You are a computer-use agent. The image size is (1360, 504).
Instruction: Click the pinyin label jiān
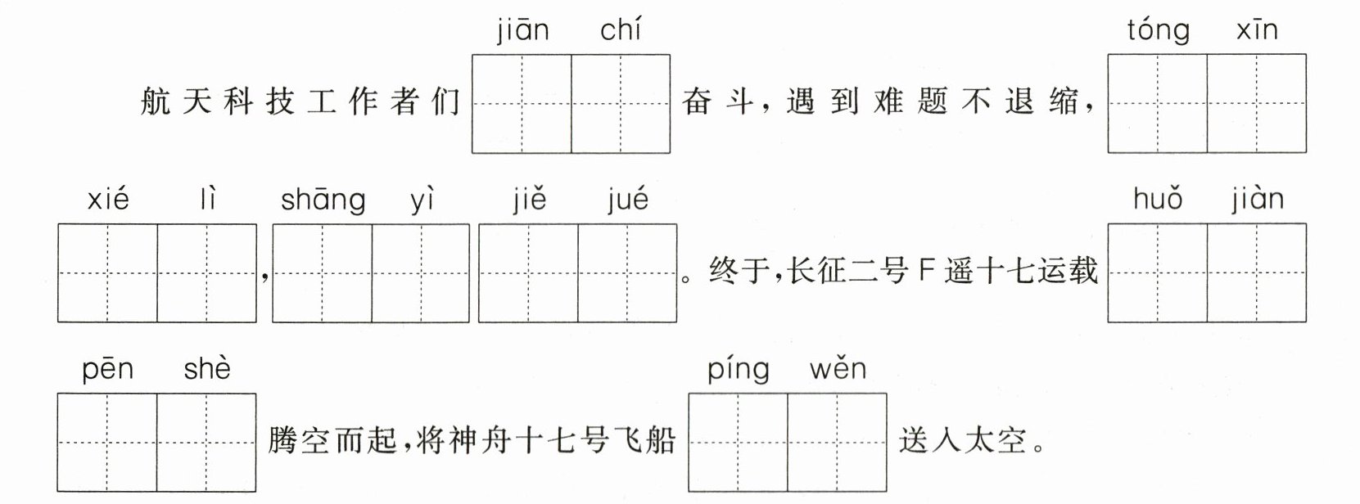coord(522,31)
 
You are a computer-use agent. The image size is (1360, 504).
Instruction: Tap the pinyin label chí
coord(621,30)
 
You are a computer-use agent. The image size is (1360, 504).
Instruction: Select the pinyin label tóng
coord(1158,31)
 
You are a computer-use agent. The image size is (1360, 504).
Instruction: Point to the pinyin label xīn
coord(1257,30)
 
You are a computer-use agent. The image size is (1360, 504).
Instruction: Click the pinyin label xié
coord(108,200)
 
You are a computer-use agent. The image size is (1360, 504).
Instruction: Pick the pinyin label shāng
coord(323,201)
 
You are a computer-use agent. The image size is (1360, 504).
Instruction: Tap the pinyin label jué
coord(628,201)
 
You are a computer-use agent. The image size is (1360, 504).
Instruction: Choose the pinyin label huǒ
coord(1158,200)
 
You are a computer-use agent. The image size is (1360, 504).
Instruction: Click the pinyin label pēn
coord(107,371)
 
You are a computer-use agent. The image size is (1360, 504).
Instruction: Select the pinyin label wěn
coord(838,369)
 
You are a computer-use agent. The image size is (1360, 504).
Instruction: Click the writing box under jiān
coord(522,104)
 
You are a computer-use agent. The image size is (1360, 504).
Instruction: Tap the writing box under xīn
coord(1257,104)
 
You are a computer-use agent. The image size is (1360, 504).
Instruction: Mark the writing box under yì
coord(421,273)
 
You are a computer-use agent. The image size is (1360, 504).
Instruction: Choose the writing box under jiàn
coord(1257,273)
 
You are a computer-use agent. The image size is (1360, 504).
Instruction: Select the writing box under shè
coord(206,443)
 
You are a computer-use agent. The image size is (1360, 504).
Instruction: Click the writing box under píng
coord(738,443)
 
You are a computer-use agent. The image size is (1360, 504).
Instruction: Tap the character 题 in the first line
coord(933,101)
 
